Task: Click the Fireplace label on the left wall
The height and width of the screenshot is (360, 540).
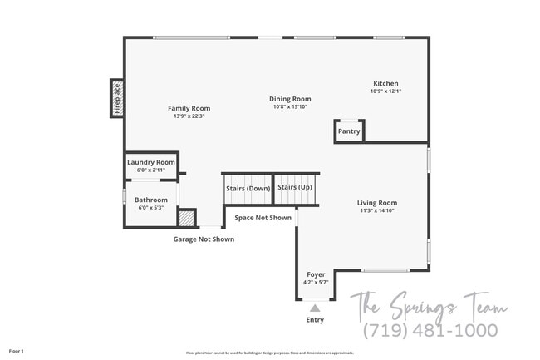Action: pos(117,98)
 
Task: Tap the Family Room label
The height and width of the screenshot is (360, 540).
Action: pos(189,108)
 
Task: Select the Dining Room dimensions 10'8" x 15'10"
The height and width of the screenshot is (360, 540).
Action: pos(290,106)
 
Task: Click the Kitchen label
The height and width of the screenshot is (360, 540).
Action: pos(385,83)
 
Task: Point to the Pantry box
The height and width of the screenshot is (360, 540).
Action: pos(349,131)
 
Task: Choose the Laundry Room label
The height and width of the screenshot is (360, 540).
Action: pos(151,161)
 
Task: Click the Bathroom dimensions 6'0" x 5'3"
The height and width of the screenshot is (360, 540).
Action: pos(151,207)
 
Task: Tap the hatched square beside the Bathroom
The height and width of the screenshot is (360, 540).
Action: pos(187,218)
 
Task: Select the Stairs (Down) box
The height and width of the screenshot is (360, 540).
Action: pos(248,188)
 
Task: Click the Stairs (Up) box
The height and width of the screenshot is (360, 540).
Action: pos(294,187)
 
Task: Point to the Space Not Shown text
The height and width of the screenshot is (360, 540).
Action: pos(263,218)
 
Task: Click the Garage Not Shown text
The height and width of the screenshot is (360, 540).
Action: pos(204,239)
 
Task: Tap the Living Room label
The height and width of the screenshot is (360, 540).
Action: pos(377,203)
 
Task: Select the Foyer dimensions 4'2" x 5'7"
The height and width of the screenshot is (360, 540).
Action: pos(316,282)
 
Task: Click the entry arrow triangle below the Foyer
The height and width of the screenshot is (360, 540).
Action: pos(315,308)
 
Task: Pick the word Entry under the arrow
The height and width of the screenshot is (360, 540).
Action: pos(315,320)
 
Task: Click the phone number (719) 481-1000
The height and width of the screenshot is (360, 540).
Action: pos(430,330)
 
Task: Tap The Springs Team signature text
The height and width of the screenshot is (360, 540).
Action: pos(428,304)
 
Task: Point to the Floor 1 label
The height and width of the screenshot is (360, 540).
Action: pos(16,351)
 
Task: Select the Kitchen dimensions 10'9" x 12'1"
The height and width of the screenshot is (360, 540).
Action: pos(385,91)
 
